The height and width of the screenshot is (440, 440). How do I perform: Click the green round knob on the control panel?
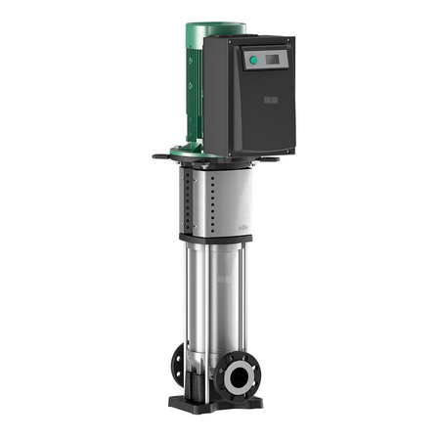coord(253,60)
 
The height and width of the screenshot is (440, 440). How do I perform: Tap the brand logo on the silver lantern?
coord(243,221)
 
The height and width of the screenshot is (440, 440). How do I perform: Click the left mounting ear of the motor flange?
coord(162,154)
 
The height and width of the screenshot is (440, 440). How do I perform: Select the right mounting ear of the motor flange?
coord(278,157)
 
